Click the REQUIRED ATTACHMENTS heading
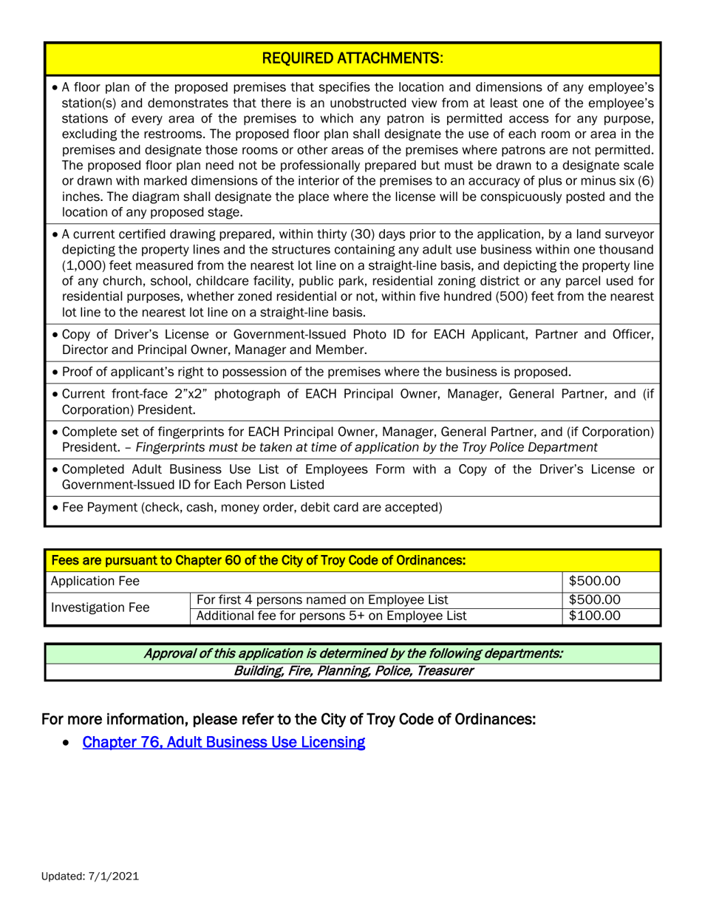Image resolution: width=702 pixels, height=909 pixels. click(352, 57)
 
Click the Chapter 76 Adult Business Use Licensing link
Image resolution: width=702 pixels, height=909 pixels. click(224, 742)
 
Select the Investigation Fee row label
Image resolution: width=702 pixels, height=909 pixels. click(100, 607)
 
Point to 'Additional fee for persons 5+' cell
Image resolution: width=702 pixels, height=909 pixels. click(331, 616)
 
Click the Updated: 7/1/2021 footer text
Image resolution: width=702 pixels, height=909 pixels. click(89, 876)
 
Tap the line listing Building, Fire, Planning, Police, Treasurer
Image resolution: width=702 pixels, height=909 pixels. click(352, 671)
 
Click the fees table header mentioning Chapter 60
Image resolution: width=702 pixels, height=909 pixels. click(257, 561)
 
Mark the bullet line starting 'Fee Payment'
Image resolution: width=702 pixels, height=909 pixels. click(252, 507)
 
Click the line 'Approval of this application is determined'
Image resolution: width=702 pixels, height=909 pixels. click(352, 653)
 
